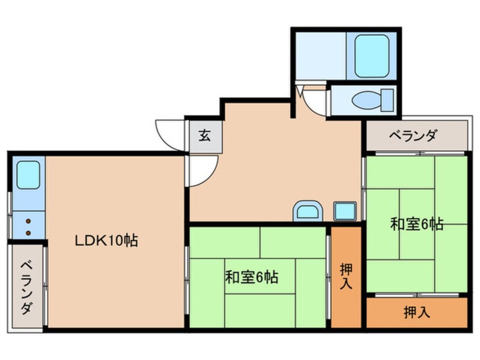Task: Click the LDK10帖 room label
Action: point(107,240)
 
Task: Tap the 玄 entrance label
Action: point(203,136)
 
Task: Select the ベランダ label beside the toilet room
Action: point(413,136)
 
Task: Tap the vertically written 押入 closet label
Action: point(346,275)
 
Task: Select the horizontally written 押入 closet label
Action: point(416,312)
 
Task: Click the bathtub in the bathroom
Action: point(372,56)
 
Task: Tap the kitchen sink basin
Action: point(27,175)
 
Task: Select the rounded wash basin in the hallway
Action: point(307,211)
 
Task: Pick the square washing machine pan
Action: point(344,211)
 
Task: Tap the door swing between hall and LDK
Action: point(202,169)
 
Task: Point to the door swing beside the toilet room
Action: point(314,102)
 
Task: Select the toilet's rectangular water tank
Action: point(388,100)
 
